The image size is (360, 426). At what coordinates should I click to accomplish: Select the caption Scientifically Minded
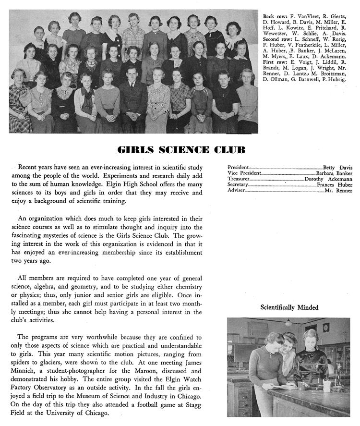coord(289,307)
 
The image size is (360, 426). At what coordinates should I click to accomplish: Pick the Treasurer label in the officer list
coord(238,179)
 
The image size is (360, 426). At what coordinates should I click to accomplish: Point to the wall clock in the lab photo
coord(326,328)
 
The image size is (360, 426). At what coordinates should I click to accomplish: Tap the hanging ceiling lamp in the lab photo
coord(288,323)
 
